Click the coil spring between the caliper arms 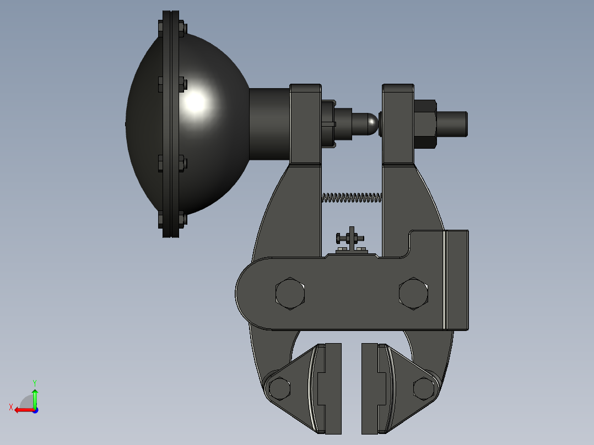(x=352, y=198)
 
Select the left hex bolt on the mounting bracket (x=290, y=294)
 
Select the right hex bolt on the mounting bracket (x=413, y=294)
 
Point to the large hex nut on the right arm (x=425, y=124)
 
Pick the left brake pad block (x=329, y=389)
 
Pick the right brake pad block (x=374, y=389)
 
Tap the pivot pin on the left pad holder (x=279, y=389)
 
